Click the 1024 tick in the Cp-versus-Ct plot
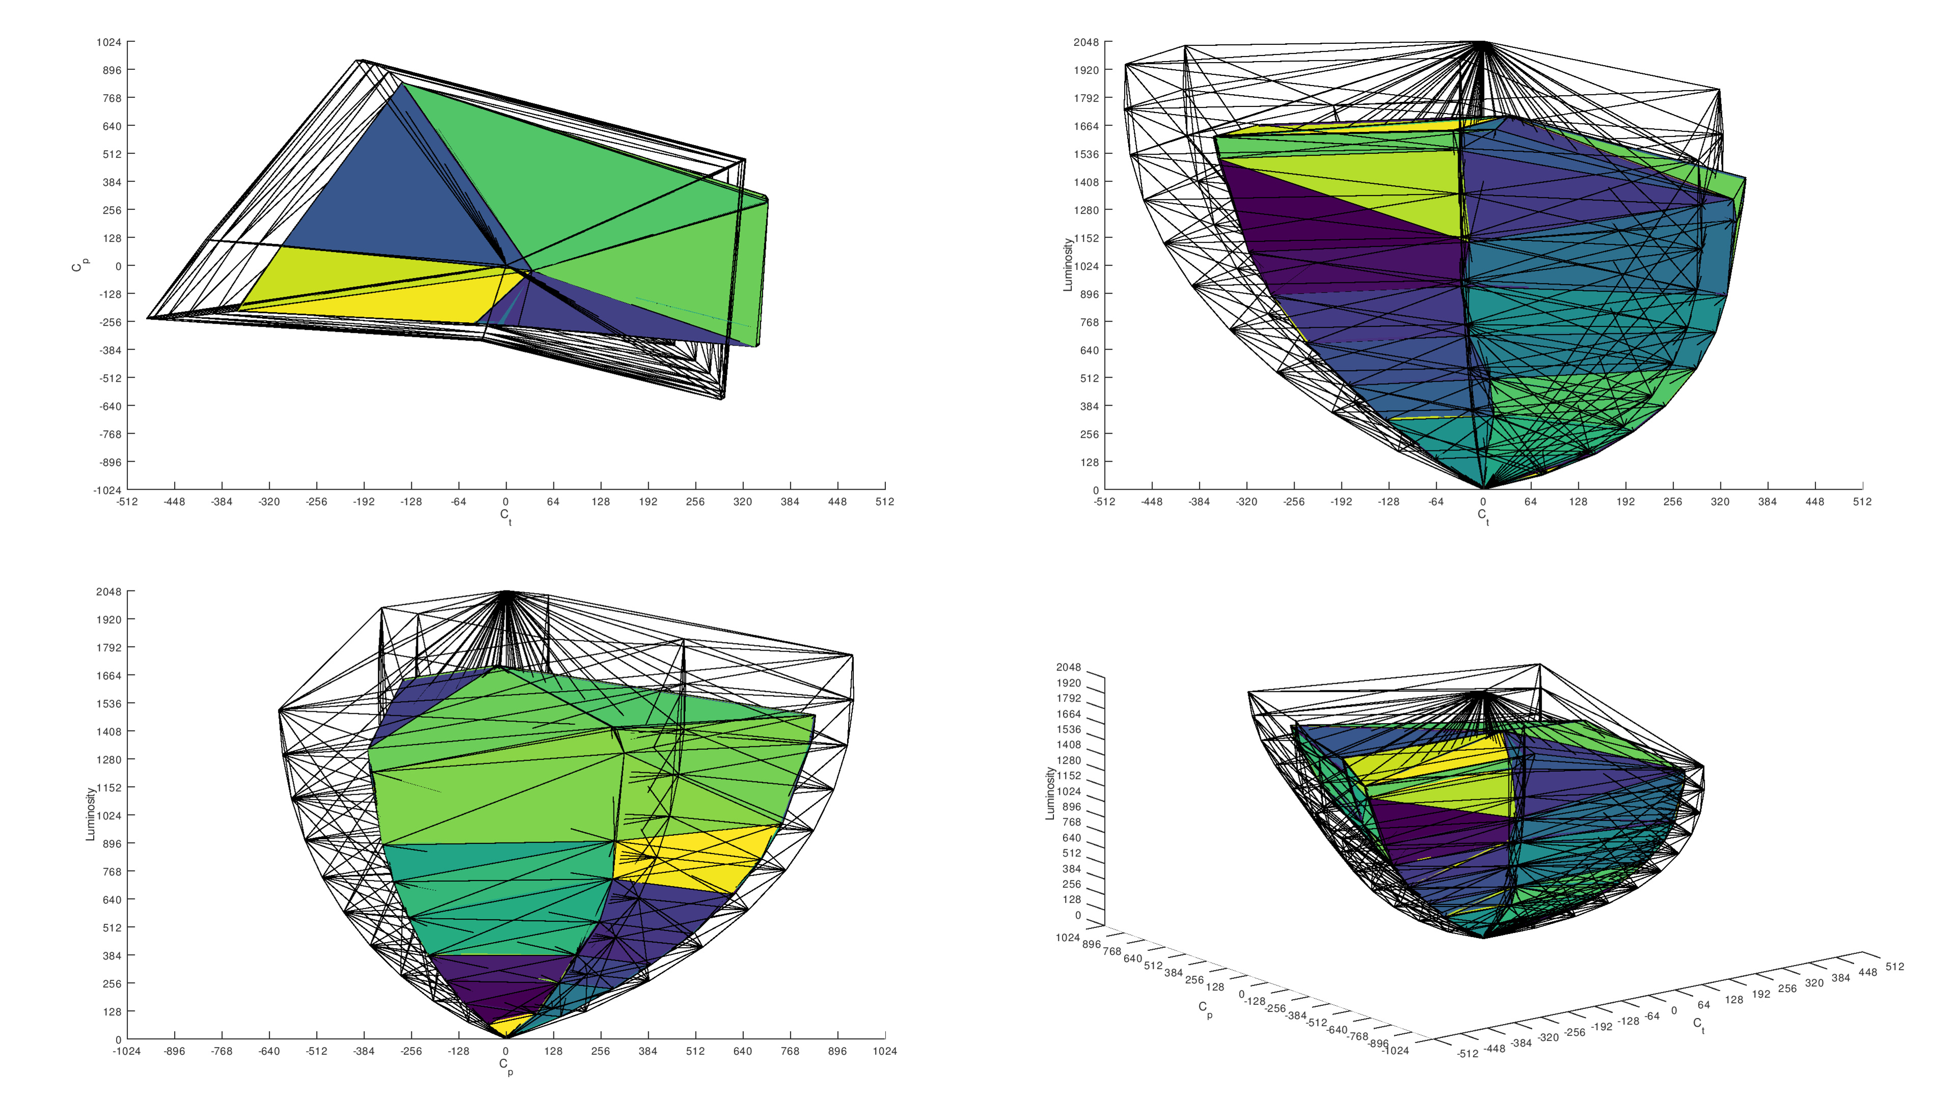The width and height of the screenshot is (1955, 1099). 108,42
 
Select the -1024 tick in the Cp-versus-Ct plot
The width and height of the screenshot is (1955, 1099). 107,490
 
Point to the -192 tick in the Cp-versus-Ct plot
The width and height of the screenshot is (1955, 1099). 364,502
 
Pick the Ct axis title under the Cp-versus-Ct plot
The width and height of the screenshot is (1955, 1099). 506,516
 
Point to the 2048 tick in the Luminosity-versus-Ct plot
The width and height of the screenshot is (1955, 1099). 1086,42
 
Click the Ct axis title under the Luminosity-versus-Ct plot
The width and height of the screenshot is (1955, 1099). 1483,516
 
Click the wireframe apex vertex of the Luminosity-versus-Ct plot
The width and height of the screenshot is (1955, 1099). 1483,42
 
